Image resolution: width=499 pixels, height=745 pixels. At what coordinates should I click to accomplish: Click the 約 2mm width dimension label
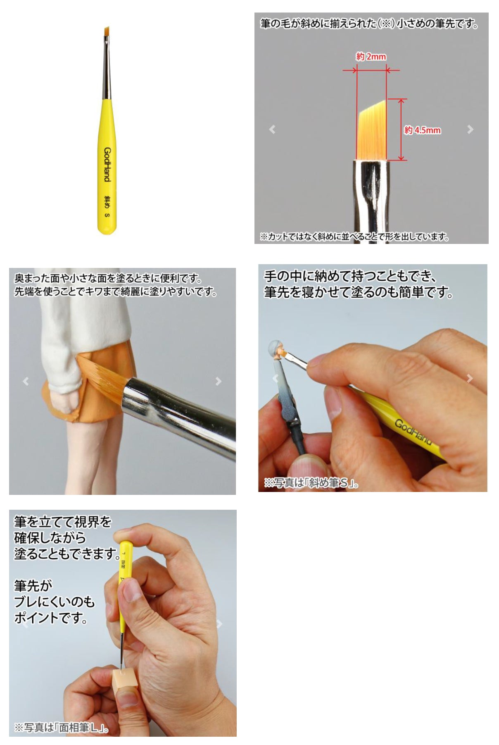[x=371, y=57]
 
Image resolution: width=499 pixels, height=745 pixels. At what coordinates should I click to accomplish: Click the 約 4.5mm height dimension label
[x=422, y=130]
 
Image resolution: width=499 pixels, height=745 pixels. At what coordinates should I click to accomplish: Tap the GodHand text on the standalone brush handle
[x=107, y=164]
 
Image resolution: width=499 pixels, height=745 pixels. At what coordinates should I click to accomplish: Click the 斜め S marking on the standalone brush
[x=107, y=206]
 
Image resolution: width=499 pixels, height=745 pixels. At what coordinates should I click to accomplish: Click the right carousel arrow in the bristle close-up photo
[x=470, y=129]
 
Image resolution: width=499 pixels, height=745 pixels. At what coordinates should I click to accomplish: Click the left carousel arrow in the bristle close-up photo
[x=272, y=129]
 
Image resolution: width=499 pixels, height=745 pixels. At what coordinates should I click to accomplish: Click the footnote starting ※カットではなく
[x=354, y=236]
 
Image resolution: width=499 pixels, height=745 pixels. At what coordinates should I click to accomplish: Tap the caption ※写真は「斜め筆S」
[x=311, y=482]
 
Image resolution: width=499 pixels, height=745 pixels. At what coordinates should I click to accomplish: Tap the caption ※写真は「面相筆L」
[x=62, y=727]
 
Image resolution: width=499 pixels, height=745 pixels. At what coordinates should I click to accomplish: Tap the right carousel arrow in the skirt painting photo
[x=219, y=381]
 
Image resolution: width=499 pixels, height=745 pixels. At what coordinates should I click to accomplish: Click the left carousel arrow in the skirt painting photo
[x=26, y=381]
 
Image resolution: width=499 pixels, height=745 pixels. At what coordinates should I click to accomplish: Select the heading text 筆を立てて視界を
[x=63, y=522]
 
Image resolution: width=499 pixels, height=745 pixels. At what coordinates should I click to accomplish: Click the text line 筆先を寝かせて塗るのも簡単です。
[x=359, y=292]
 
